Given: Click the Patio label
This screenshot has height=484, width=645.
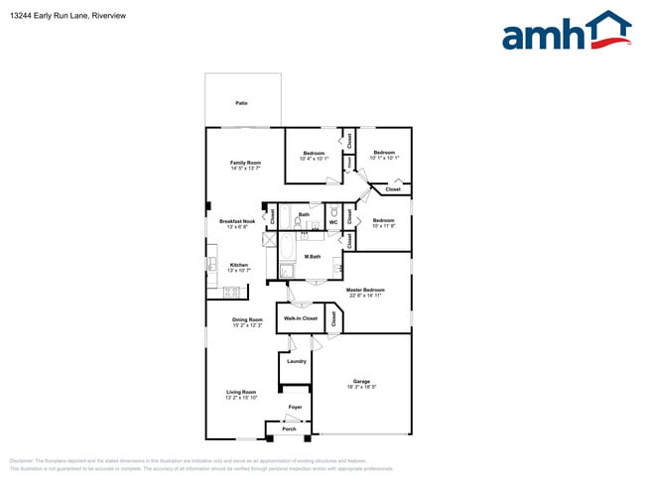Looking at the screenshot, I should tap(241, 102).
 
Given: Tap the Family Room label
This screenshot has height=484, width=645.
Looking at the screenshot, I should tap(245, 163).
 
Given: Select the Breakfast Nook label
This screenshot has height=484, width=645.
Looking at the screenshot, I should tap(237, 221).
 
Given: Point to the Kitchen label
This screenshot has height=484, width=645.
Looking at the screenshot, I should tap(239, 265).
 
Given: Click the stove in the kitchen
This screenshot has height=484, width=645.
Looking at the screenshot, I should tap(234, 292).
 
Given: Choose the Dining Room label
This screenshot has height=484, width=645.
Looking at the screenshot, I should tap(247, 319).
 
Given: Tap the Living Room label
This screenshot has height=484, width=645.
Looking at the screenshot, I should tap(242, 392).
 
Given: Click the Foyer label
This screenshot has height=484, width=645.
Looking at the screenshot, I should tap(295, 408).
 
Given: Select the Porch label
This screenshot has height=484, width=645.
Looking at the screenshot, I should tap(289, 428).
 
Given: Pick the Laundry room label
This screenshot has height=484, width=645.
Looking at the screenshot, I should tap(297, 361).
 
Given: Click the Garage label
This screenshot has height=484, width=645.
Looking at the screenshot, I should tap(361, 381).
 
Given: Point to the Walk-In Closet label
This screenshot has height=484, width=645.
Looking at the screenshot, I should tap(301, 318).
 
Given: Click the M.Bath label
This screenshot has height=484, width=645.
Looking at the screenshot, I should tap(313, 257).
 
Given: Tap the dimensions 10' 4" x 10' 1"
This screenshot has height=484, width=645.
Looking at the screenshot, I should tap(314, 158).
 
